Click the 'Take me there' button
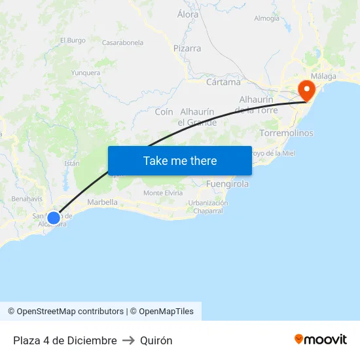(180, 160)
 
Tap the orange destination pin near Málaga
(306, 90)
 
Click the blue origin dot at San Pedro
(54, 217)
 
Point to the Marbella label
(102, 202)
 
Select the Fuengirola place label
(227, 184)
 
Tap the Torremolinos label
(286, 133)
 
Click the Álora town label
(189, 14)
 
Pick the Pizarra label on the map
(187, 48)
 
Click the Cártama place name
(223, 82)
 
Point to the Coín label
(164, 112)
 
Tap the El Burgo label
(73, 40)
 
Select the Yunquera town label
(85, 73)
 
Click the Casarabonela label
(122, 43)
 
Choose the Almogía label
(266, 18)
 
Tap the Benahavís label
(27, 198)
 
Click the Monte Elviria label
(163, 193)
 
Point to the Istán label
(72, 164)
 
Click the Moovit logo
(321, 340)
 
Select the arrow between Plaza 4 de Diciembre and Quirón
(128, 340)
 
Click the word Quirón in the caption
(156, 340)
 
